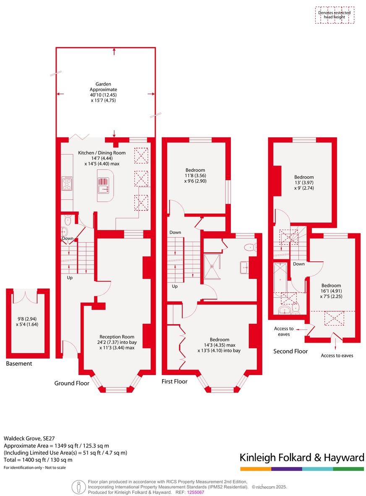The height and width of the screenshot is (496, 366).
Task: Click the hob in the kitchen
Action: tap(67, 183)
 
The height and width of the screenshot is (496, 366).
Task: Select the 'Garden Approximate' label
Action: tap(103, 87)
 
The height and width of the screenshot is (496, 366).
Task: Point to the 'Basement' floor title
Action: tap(19, 364)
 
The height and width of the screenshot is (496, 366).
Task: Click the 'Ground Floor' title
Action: tap(72, 383)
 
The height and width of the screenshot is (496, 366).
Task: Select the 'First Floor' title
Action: tap(175, 381)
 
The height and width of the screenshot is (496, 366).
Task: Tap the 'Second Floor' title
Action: tap(290, 351)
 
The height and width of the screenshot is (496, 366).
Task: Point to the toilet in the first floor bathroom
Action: tap(251, 247)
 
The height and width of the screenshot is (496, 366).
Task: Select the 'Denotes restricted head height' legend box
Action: tap(335, 15)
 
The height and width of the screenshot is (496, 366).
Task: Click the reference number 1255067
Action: tap(196, 492)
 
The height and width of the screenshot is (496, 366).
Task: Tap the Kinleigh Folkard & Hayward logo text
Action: tap(302, 457)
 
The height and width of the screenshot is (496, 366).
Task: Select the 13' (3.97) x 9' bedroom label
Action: tap(303, 183)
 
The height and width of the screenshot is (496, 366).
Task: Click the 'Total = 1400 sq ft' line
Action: tap(38, 460)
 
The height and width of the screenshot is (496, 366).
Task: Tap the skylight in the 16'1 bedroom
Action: tap(335, 319)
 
